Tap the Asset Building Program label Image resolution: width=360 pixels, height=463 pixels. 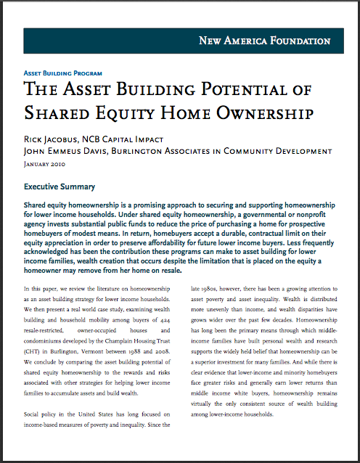click(x=63, y=73)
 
